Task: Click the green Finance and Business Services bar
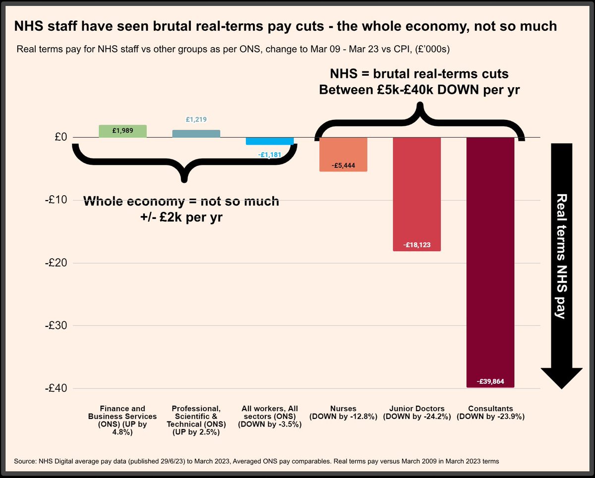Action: pyautogui.click(x=122, y=131)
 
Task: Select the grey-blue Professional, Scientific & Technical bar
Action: pyautogui.click(x=196, y=134)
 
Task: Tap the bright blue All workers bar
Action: pyautogui.click(x=269, y=141)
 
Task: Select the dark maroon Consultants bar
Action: pyautogui.click(x=490, y=262)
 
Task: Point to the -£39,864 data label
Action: pyautogui.click(x=490, y=381)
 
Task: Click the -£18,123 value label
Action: pyautogui.click(x=416, y=245)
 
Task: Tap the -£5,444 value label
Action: pyautogui.click(x=343, y=165)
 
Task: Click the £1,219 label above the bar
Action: pyautogui.click(x=196, y=119)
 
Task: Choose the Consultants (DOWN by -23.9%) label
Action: pyautogui.click(x=490, y=413)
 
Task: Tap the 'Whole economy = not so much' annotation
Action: pyautogui.click(x=181, y=202)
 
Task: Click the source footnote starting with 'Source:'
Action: pyautogui.click(x=256, y=461)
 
